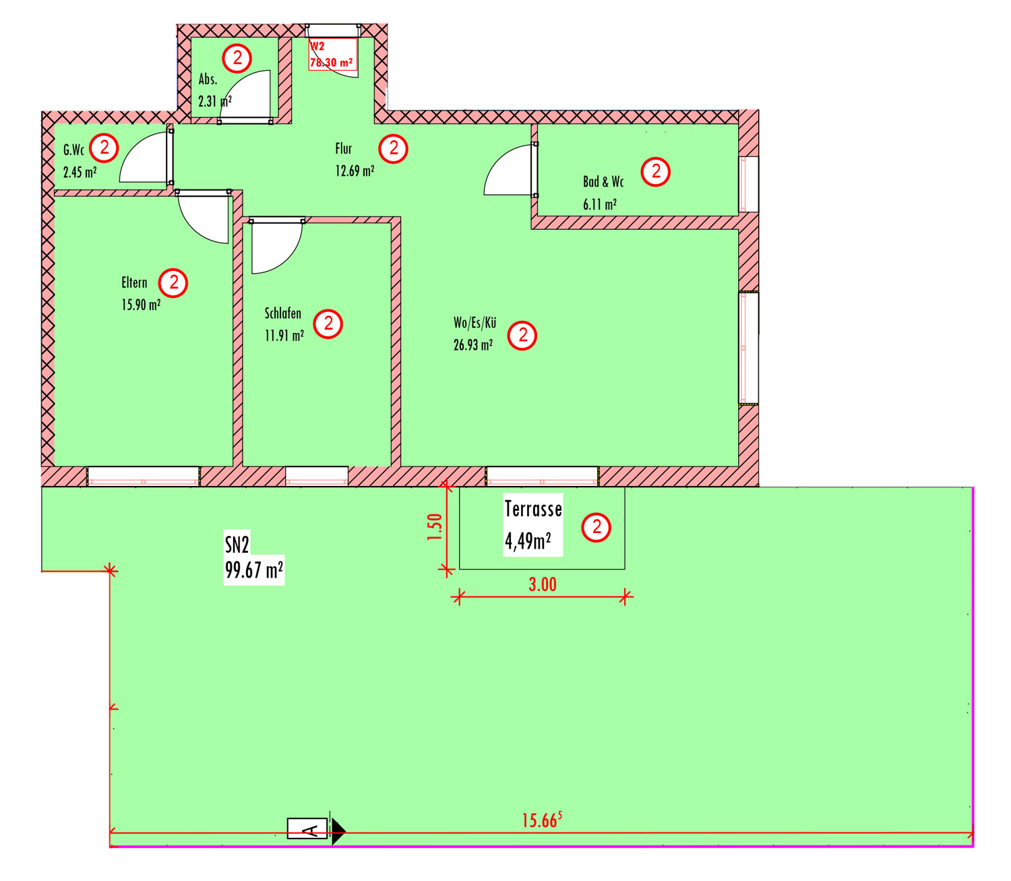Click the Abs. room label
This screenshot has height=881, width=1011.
(x=208, y=79)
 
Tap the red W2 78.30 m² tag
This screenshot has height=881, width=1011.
(x=332, y=55)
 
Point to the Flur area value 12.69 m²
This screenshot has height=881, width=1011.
(x=355, y=171)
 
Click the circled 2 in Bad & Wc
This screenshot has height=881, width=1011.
(x=655, y=171)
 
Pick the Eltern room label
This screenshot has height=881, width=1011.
(x=134, y=282)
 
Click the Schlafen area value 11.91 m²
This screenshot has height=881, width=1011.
(x=284, y=336)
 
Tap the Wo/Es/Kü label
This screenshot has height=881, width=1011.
(x=474, y=323)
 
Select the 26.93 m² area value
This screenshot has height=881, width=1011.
(x=473, y=345)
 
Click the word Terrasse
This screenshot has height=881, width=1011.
(x=532, y=509)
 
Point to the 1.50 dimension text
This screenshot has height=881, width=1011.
(x=434, y=526)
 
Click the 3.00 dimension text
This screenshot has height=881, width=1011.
(x=543, y=584)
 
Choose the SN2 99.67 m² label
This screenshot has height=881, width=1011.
(x=253, y=557)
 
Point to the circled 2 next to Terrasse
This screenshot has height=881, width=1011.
(x=596, y=527)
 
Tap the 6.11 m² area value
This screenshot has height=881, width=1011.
(x=599, y=204)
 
